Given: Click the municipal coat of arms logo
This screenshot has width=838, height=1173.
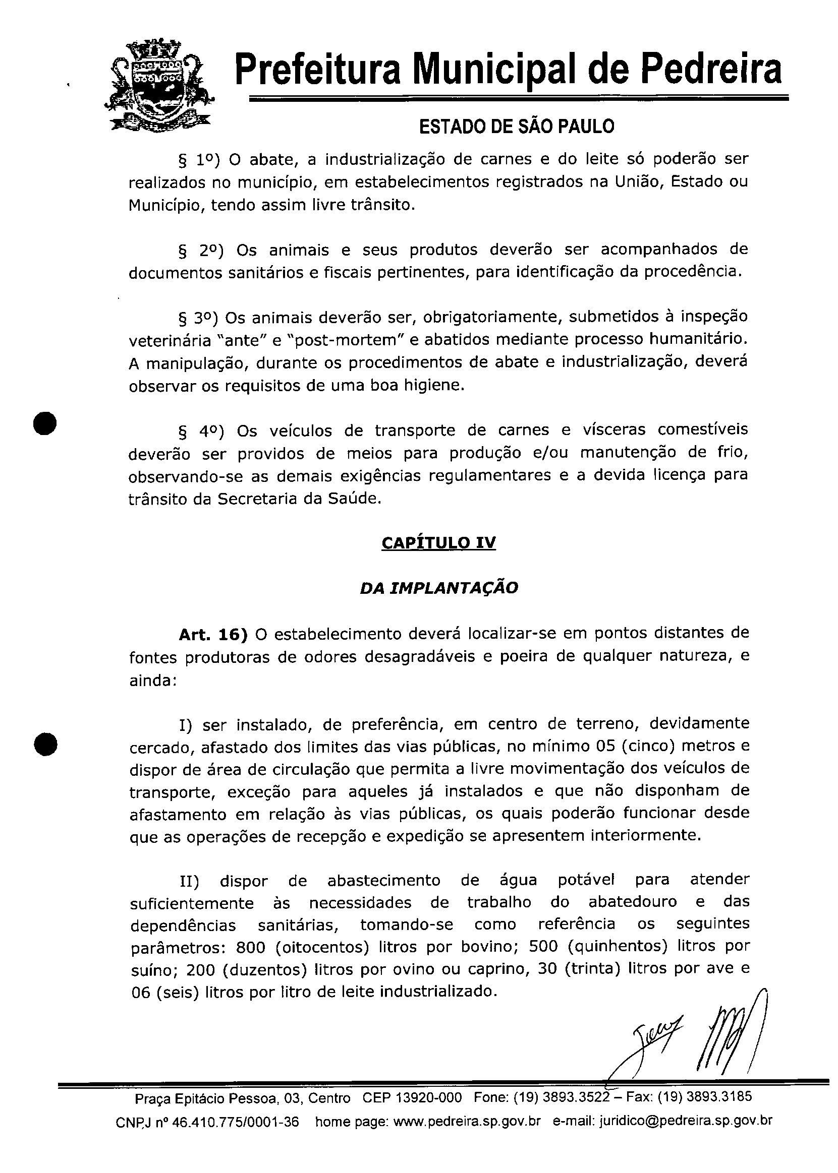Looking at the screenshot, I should (159, 86).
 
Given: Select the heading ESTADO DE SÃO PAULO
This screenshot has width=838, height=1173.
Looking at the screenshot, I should (517, 127).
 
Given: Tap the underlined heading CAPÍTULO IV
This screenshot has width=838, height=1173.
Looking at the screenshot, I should (438, 543).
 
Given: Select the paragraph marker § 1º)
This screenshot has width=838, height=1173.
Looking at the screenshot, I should (199, 160).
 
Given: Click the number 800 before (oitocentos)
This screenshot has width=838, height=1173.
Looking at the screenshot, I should (250, 948).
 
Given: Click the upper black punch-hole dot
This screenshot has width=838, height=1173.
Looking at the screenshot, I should (45, 424).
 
